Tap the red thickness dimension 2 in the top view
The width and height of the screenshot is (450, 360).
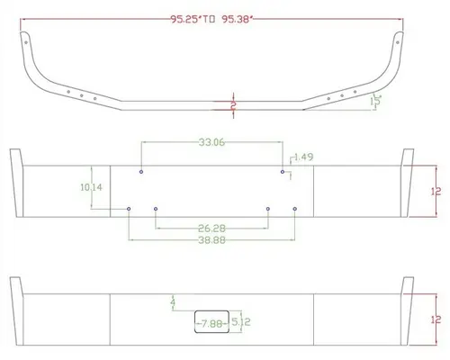(232, 105)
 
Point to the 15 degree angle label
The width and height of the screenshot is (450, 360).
(378, 101)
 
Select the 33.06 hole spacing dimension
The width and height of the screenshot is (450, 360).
(211, 141)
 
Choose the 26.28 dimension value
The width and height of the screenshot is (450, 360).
(211, 228)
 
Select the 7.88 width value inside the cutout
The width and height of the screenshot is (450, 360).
(212, 322)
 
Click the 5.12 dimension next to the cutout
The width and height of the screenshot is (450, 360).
(241, 321)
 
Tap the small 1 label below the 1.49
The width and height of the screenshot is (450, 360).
(290, 177)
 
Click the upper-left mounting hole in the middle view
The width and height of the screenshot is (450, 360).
(142, 171)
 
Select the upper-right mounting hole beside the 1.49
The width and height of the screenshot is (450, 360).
(283, 171)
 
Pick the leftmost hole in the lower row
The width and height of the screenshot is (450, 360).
(130, 209)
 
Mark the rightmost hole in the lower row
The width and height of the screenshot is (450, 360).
(295, 209)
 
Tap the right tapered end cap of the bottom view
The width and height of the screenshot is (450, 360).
(408, 314)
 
